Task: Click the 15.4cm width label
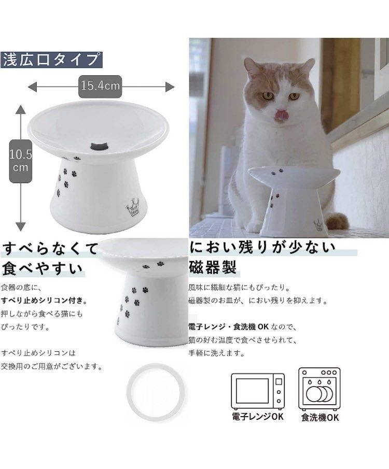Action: [x=100, y=86]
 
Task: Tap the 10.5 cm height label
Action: [x=21, y=161]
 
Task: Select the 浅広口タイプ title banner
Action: [x=51, y=60]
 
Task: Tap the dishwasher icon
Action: [x=319, y=388]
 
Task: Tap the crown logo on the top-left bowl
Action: [x=133, y=210]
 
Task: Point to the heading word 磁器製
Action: [x=213, y=267]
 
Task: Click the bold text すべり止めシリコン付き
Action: [x=44, y=301]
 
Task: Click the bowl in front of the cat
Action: [x=293, y=197]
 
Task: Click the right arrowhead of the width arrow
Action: [x=170, y=86]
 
